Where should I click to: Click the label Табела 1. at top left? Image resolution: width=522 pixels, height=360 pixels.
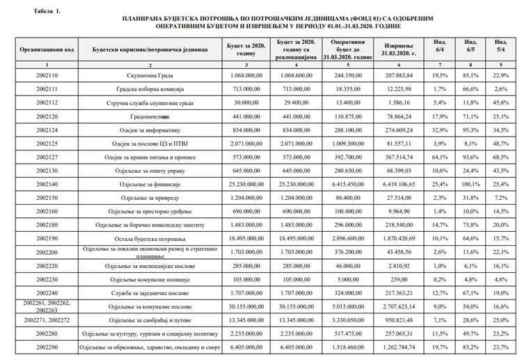point(38,12)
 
